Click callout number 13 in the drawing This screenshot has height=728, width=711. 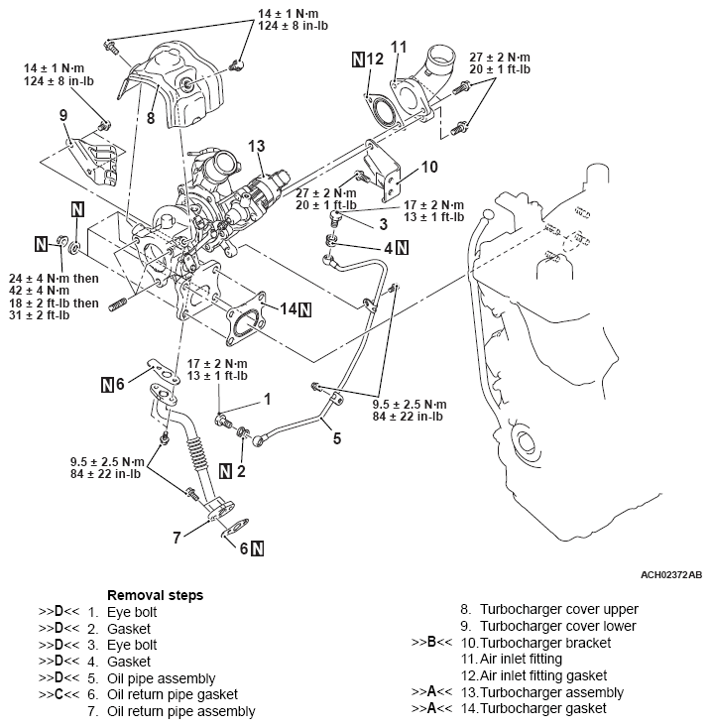(x=257, y=147)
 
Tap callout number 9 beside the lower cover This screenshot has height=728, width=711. (x=63, y=116)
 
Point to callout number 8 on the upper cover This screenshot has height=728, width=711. (x=151, y=118)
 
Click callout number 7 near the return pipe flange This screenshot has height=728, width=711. (x=177, y=538)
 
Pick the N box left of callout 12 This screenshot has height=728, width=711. (x=358, y=60)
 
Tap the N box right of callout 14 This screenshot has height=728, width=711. (x=305, y=309)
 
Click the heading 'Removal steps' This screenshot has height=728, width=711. (x=155, y=595)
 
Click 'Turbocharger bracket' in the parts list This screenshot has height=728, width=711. (x=545, y=643)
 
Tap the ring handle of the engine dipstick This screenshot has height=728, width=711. (x=486, y=215)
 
